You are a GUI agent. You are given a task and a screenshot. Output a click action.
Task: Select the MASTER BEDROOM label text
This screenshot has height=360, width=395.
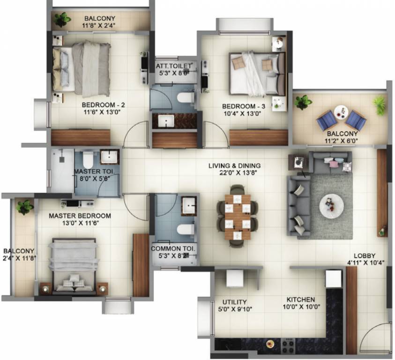pos(80,216)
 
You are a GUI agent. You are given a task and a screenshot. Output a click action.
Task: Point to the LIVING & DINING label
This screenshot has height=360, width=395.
pos(235,165)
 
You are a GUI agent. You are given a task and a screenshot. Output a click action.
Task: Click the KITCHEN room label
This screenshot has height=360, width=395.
pos(301,300)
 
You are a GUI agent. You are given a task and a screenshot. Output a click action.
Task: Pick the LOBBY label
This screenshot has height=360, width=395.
pos(364,255)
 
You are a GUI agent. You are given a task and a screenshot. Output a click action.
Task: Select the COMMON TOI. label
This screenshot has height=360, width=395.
pos(173,248)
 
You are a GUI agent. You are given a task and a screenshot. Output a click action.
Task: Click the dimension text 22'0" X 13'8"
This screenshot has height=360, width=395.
pos(235,173)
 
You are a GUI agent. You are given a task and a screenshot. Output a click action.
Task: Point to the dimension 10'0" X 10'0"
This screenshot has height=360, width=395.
pos(301,307)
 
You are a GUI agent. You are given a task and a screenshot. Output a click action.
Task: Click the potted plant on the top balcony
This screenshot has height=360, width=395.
pos(62,19)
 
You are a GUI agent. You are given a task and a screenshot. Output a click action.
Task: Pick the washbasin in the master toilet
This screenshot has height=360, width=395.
pos(110,157)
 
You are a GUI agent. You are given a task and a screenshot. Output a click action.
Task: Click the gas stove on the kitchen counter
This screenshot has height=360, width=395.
pos(288,346)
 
